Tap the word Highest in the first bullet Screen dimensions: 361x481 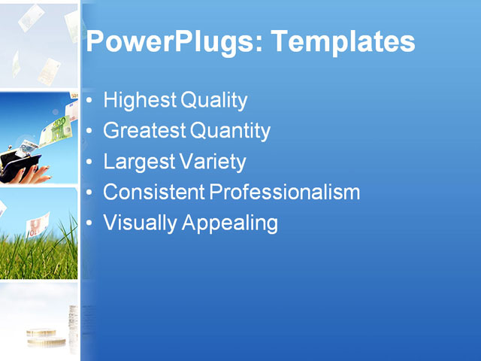pos(133,99)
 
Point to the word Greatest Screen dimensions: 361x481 pos(144,131)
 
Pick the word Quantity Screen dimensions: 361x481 pos(230,131)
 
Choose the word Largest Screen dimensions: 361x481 pos(137,162)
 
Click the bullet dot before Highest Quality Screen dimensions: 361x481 pos(90,100)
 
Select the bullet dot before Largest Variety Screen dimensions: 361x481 pos(90,162)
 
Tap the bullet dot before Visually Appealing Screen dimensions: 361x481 pos(90,223)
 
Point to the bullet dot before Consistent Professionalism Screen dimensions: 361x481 pos(90,193)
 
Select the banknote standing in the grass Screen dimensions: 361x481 pos(38,226)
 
